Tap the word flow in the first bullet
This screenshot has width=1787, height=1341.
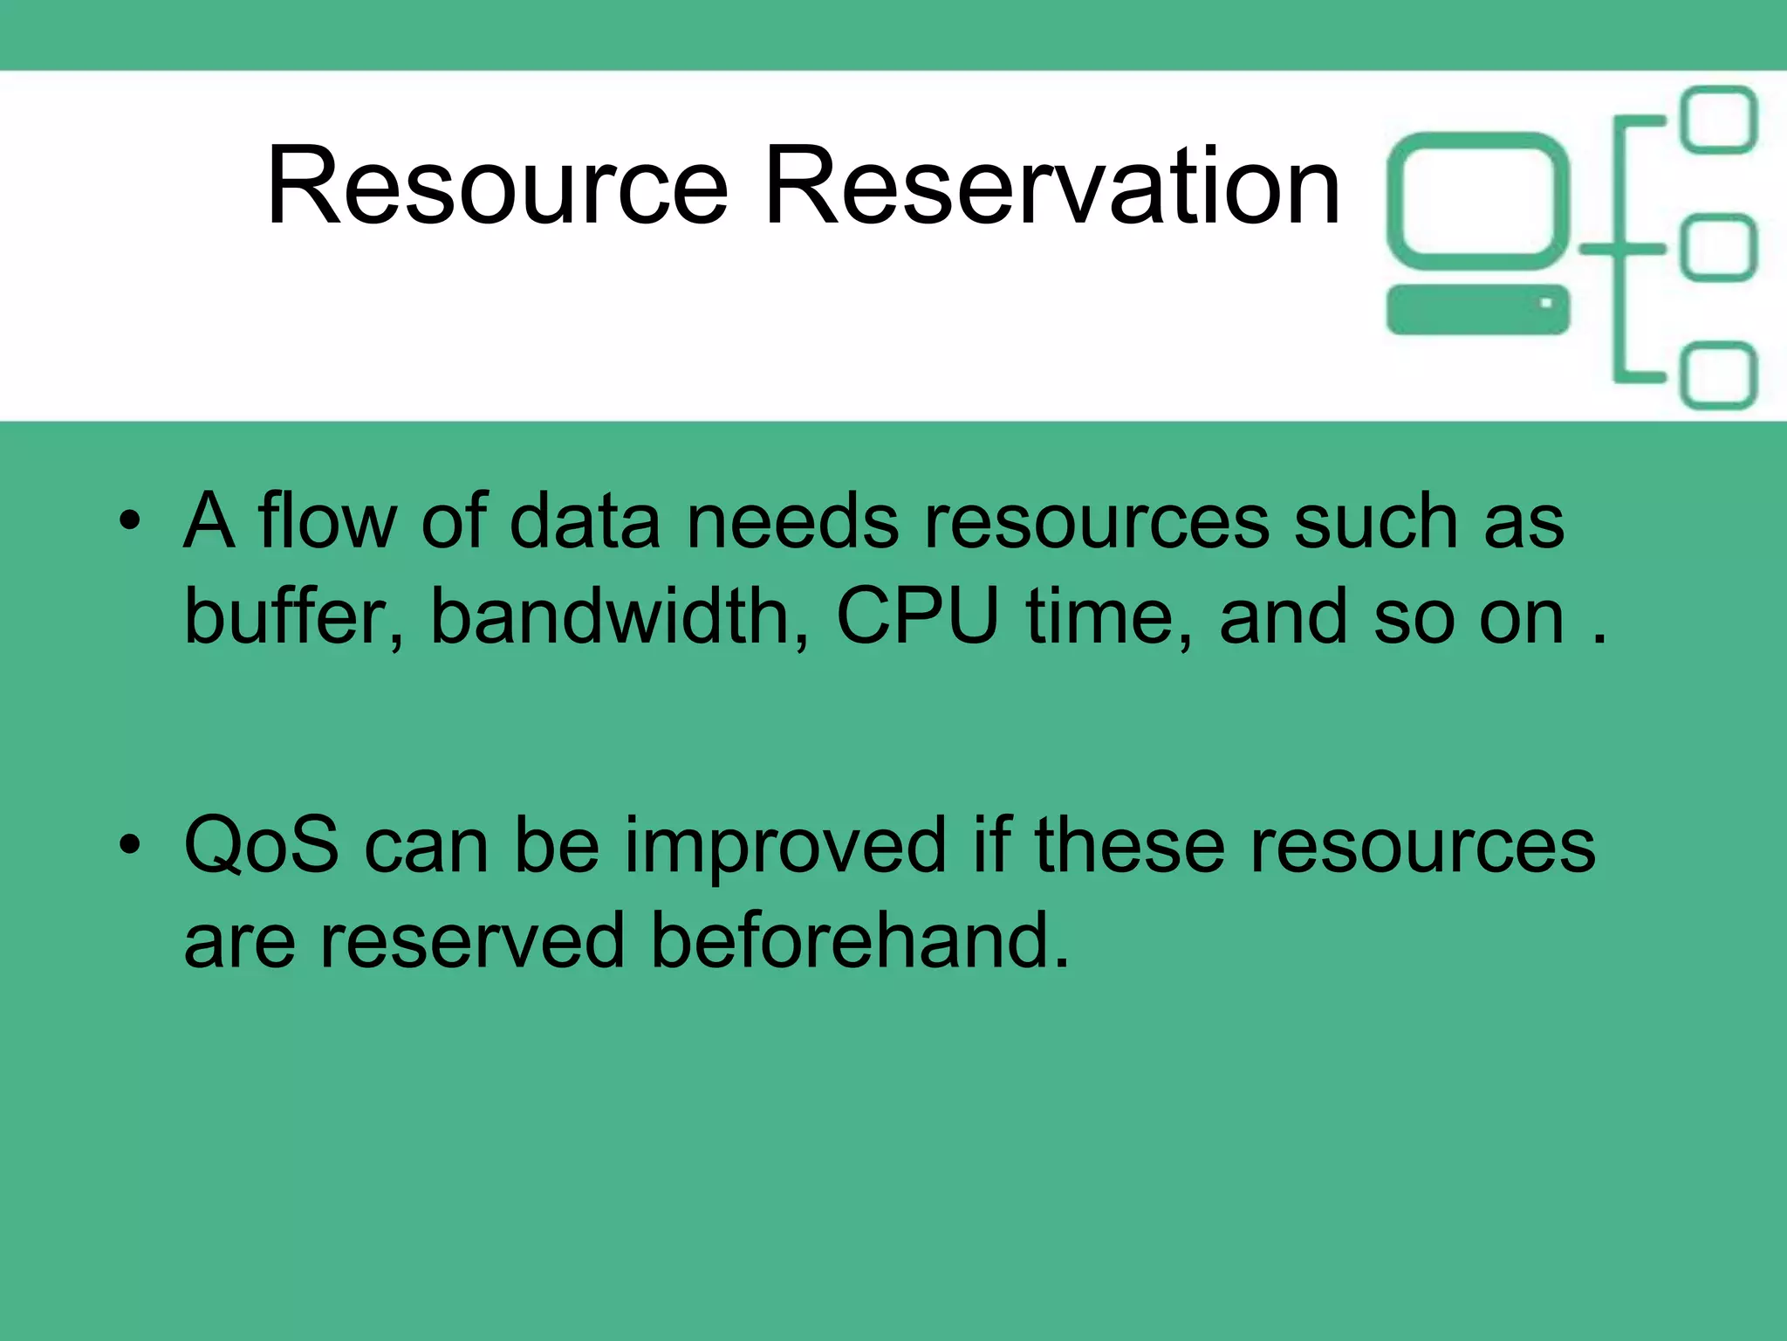[x=326, y=522]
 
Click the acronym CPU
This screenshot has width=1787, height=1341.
[x=917, y=616]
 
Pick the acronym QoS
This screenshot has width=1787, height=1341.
[x=261, y=845]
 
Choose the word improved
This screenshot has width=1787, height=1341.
[x=784, y=847]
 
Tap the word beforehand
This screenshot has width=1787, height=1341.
[x=860, y=941]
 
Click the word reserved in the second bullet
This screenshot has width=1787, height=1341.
[x=472, y=941]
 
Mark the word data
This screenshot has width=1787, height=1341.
[x=585, y=522]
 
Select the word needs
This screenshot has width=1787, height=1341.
[x=792, y=522]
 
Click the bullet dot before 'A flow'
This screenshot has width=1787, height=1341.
[x=130, y=522]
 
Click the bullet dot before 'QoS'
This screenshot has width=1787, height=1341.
[x=130, y=845]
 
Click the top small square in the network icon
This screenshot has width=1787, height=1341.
[x=1718, y=120]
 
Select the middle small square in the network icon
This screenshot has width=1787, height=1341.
[x=1718, y=248]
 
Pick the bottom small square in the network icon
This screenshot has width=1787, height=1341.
[x=1718, y=376]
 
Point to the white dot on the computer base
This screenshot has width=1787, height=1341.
[x=1545, y=304]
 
